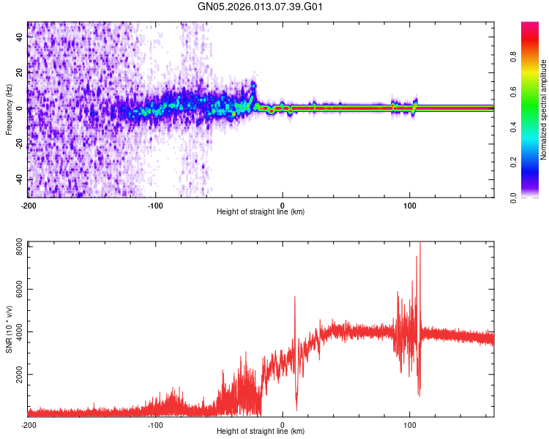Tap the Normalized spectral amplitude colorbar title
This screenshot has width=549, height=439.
544,110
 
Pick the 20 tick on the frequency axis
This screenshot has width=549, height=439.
20,72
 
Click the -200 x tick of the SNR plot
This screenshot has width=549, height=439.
28,424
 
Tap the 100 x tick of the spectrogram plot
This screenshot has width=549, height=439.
410,205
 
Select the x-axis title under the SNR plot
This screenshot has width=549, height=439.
261,432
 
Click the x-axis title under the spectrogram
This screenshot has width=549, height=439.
261,212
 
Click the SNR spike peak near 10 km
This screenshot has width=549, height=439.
295,296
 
